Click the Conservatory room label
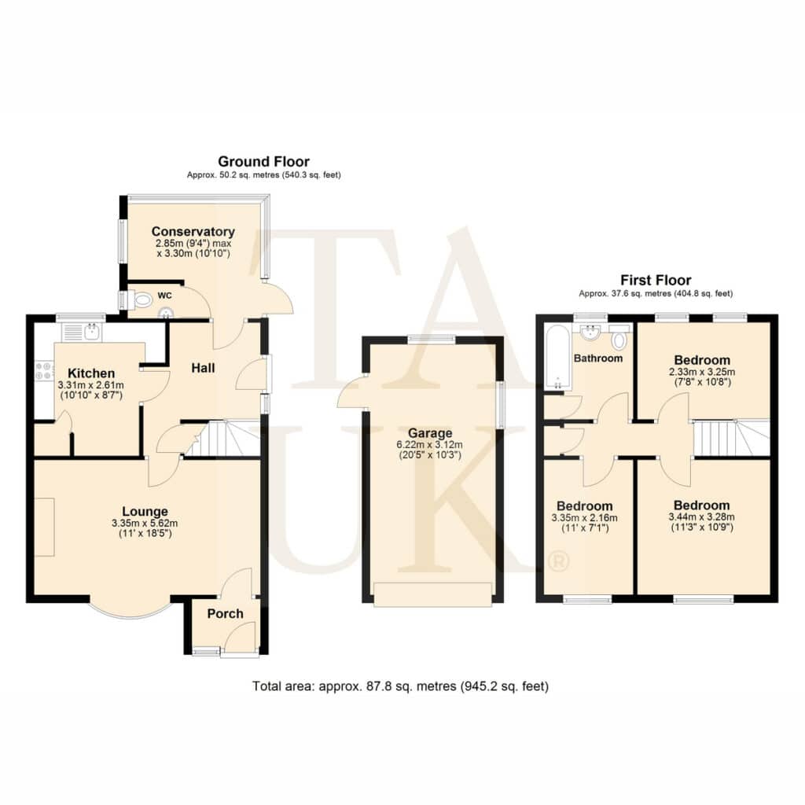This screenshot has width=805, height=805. [x=193, y=232]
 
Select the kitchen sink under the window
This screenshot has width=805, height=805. [x=82, y=331]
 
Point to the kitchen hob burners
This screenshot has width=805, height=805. [x=44, y=371]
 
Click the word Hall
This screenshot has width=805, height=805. [x=203, y=368]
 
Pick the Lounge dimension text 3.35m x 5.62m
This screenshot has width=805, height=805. [x=145, y=523]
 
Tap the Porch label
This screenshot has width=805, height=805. [x=225, y=613]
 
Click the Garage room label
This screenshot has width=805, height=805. [x=430, y=433]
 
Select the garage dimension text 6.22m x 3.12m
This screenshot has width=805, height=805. [x=430, y=445]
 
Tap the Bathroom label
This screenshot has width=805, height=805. [x=598, y=358]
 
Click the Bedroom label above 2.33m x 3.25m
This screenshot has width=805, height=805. [x=702, y=360]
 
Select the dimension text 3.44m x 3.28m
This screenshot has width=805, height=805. [x=701, y=517]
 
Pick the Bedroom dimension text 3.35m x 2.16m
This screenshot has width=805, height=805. [x=584, y=517]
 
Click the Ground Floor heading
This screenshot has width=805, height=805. [x=264, y=161]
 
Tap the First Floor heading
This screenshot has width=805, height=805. [x=656, y=280]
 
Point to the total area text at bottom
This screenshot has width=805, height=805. [x=400, y=686]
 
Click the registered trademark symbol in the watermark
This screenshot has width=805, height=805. [x=559, y=561]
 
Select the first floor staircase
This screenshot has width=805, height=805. [x=732, y=437]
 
